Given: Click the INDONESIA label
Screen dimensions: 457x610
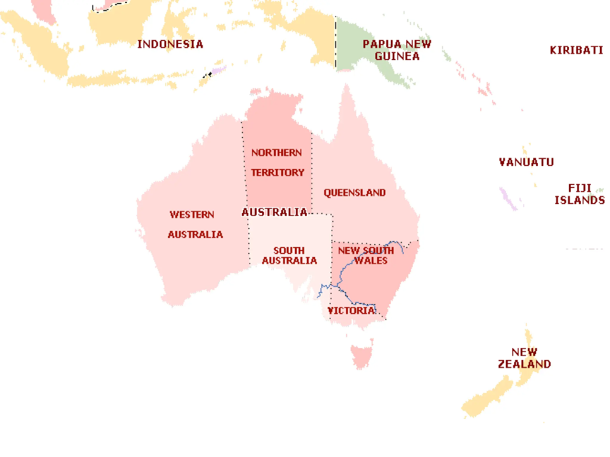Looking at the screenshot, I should pos(170,44).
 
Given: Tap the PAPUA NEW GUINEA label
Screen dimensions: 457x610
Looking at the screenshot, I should pos(397,50).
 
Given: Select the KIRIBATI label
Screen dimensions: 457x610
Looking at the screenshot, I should pos(576,50).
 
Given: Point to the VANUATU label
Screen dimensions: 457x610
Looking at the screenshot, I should pos(526,162).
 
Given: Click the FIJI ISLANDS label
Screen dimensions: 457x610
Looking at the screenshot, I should pos(580,194).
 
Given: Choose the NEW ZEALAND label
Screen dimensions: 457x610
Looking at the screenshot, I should pos(524,358).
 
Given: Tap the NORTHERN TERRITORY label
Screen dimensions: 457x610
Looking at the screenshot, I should pos(277,162).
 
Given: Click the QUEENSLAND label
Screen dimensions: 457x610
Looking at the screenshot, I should pos(354,193).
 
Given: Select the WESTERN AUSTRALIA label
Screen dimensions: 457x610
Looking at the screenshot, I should pos(194,224).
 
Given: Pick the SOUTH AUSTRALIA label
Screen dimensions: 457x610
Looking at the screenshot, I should pos(290,255).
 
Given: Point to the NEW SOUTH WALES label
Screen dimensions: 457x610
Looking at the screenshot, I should pos(366,255).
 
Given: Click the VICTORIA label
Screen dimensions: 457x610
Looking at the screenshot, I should pos(351,311).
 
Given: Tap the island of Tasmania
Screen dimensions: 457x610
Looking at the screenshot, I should pos(362,356).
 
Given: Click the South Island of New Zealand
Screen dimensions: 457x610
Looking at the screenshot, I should pos(485,400).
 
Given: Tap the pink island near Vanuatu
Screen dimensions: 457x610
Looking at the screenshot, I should pos(508,198).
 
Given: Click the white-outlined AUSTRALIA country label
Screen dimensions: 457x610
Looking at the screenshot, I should pos(275,212).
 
